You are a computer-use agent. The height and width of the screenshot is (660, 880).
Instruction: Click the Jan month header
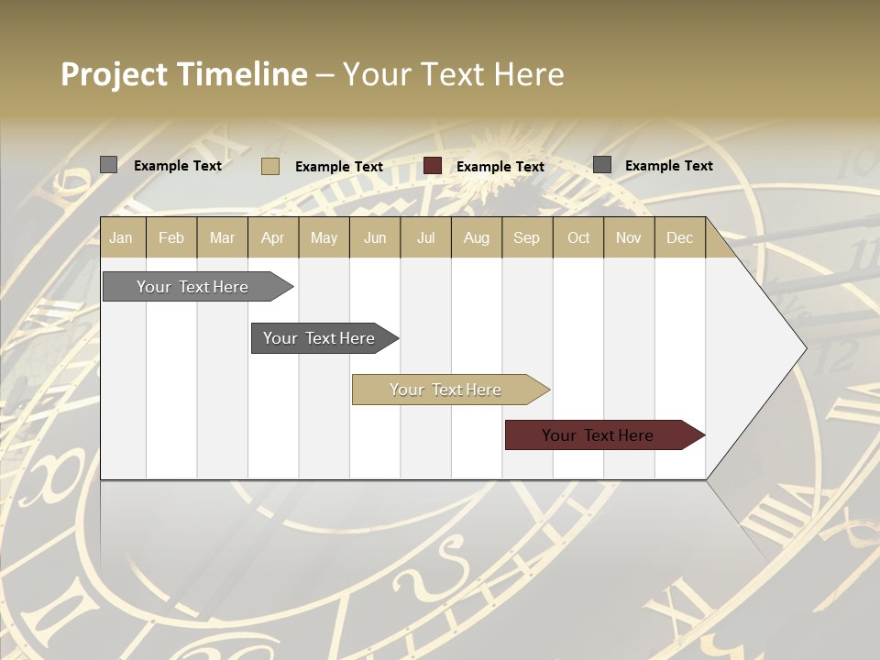coord(121,237)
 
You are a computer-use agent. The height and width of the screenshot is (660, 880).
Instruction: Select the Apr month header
coord(272,237)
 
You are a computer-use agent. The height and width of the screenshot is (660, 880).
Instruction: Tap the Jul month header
coord(425,237)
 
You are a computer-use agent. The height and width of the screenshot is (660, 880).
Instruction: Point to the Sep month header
coord(526,237)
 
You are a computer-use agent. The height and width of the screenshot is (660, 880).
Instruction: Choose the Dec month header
coord(679,237)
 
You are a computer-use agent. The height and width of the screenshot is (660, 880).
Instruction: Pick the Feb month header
coord(171,237)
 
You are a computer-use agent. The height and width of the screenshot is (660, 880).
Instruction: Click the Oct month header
coord(578,237)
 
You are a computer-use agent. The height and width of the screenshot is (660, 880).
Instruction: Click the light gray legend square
coord(108,165)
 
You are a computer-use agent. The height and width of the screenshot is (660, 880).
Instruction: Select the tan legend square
coord(269,166)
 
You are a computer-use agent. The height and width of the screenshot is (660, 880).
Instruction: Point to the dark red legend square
coord(433,166)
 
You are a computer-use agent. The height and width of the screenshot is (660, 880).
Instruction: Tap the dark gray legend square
coord(601,165)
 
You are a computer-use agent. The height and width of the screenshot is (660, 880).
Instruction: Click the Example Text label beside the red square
coord(500,167)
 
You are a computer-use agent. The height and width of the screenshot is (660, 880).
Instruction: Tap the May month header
coord(324,237)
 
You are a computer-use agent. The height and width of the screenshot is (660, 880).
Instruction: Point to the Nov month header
coord(628,237)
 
